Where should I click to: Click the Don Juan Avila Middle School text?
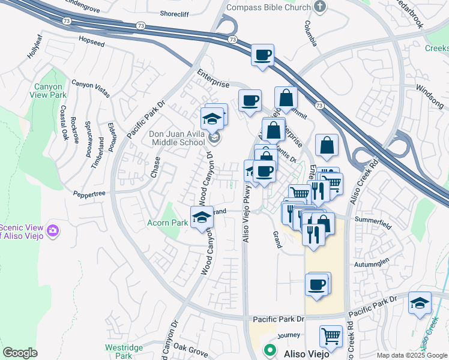click(178, 139)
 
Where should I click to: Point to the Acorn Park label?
click(168, 223)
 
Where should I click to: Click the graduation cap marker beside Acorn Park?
click(202, 217)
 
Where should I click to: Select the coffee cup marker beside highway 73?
click(262, 55)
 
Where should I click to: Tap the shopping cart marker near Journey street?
click(331, 336)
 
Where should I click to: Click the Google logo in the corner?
click(20, 353)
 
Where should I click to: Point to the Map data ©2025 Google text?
click(412, 355)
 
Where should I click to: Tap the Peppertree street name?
click(89, 194)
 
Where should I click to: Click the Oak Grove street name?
click(190, 347)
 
